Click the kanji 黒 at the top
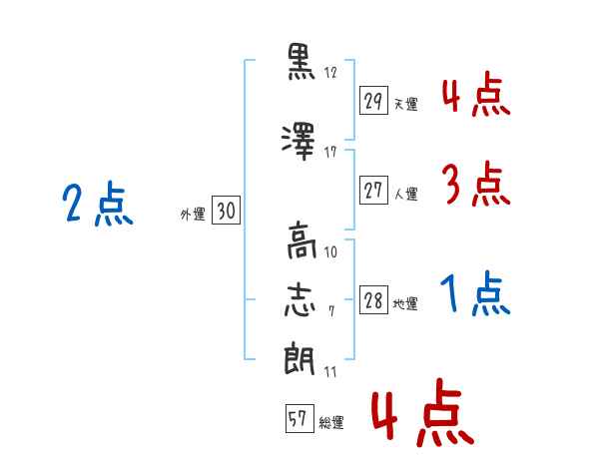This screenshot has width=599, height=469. click(300, 62)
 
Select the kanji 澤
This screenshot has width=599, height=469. click(299, 142)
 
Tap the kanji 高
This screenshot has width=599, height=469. click(301, 241)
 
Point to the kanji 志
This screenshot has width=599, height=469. click(299, 300)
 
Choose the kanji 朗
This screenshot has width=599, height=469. click(299, 358)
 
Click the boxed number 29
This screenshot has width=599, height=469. click(373, 100)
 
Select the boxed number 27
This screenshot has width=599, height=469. click(373, 190)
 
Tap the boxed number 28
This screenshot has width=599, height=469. click(373, 299)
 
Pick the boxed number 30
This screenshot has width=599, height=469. click(226, 210)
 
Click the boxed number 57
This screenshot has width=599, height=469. click(299, 418)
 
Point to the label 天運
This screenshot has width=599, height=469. click(406, 104)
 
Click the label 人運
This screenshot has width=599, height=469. click(406, 194)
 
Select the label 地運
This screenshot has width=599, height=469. click(405, 304)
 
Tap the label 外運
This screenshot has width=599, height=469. click(193, 215)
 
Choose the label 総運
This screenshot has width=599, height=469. click(331, 423)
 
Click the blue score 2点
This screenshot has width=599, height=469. click(98, 204)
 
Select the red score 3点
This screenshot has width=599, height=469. click(476, 184)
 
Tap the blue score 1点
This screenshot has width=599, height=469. click(475, 293)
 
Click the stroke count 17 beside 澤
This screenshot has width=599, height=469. click(330, 152)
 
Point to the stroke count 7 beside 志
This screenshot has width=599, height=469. click(331, 311)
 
